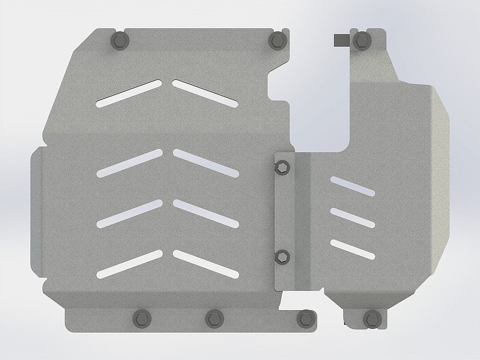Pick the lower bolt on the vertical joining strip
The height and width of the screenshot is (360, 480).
(x=282, y=257)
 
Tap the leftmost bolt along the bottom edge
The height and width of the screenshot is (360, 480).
(x=141, y=318)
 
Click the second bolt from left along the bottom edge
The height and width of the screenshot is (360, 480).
(x=215, y=318)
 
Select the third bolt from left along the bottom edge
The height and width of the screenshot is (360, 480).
(x=305, y=318)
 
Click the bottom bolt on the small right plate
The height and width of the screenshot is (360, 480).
(x=371, y=318)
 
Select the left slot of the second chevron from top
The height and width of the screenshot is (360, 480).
(x=130, y=163)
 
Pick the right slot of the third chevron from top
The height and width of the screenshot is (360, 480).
(x=205, y=214)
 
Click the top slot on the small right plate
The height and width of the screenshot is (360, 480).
(x=352, y=186)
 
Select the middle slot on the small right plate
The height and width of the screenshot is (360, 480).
(x=352, y=218)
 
